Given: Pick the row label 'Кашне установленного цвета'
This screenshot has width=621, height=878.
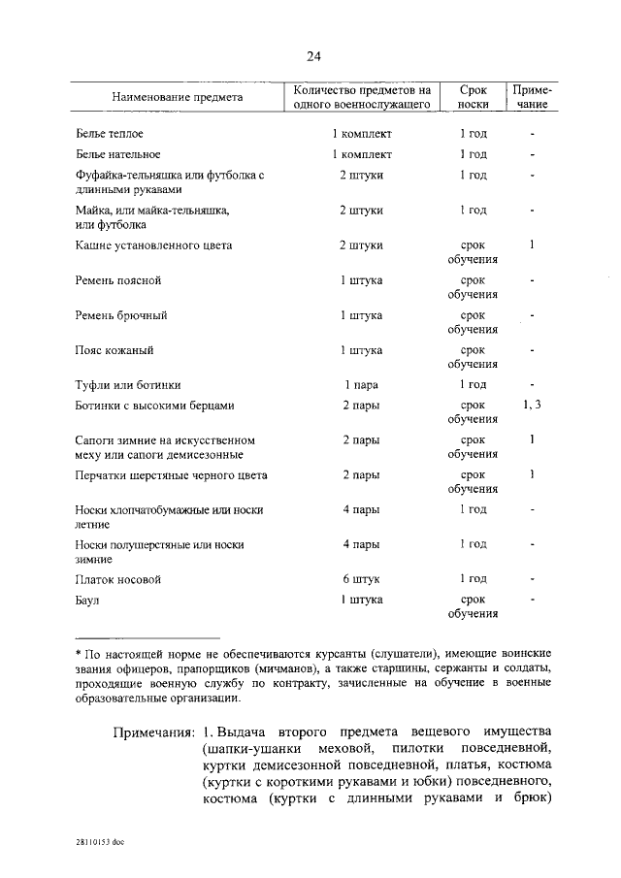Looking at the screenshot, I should [x=153, y=245].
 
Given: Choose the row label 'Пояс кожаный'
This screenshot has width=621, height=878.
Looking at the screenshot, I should [x=114, y=350].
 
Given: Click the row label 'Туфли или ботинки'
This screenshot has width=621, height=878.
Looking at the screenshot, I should [x=128, y=385].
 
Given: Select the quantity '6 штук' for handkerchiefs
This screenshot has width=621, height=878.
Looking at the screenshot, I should [x=361, y=579].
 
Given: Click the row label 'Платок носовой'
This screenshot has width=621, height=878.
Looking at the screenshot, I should [x=117, y=579].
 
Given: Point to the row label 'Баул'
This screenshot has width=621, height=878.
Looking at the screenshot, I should [x=89, y=600].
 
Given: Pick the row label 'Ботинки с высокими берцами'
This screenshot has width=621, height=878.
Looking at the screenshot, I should [x=154, y=406].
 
